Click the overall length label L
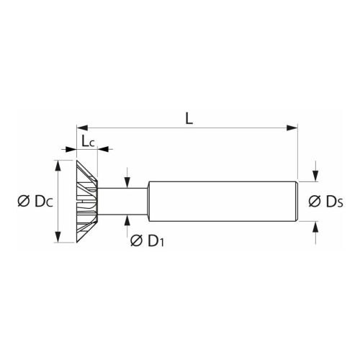[189, 118]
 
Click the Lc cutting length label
[88, 140]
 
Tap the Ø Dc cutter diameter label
[30, 202]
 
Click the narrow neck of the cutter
[122, 202]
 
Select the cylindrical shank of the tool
[223, 202]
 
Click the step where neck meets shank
[148, 202]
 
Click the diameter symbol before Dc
[22, 202]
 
